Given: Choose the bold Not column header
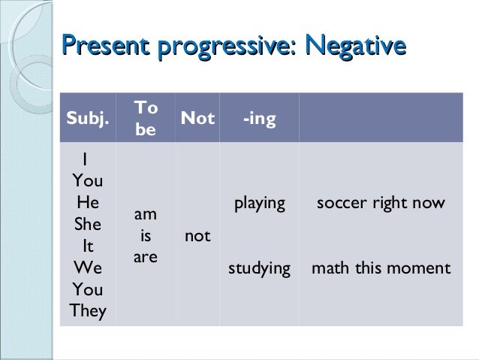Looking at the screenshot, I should tap(198, 118).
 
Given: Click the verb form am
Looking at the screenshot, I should tap(146, 214).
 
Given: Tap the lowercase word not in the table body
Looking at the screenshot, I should tap(197, 236).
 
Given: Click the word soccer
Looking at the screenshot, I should tap(340, 203).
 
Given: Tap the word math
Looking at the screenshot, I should tap(327, 268).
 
